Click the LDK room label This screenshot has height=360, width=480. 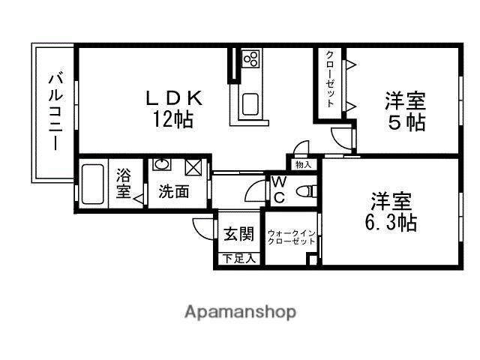(173, 97)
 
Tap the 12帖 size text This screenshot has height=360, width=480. (173, 118)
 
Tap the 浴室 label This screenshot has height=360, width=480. (123, 184)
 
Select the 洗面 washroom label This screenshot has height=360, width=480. (173, 191)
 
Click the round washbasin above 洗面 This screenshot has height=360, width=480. (160, 164)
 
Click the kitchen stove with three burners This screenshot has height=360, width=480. (250, 58)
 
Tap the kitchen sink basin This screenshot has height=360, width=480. (250, 103)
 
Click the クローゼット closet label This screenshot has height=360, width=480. (329, 79)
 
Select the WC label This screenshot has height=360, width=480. (277, 189)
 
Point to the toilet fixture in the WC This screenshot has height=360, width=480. (304, 190)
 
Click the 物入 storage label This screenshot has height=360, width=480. (303, 164)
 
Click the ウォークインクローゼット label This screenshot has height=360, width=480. (291, 237)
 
